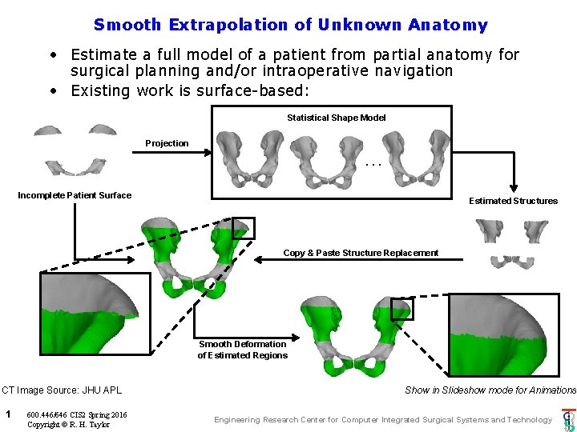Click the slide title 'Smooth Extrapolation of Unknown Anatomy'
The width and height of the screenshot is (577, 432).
290,25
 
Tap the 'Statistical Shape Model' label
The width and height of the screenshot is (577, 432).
336,118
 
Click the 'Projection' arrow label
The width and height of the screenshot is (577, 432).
167,143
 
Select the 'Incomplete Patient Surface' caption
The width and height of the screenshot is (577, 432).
75,195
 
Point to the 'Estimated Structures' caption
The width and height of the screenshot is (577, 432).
513,201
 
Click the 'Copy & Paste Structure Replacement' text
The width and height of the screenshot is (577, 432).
361,253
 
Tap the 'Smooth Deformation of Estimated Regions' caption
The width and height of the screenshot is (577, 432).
242,350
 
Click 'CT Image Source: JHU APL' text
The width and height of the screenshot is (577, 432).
62,390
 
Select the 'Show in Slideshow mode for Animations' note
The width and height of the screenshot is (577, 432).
490,390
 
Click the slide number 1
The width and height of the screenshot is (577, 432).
7,414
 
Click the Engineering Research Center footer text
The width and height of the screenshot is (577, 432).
383,419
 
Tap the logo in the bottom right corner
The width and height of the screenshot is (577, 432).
568,419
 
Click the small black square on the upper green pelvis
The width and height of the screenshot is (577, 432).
243,228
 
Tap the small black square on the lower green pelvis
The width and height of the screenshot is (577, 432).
401,309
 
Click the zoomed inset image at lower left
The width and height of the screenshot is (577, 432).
95,314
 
